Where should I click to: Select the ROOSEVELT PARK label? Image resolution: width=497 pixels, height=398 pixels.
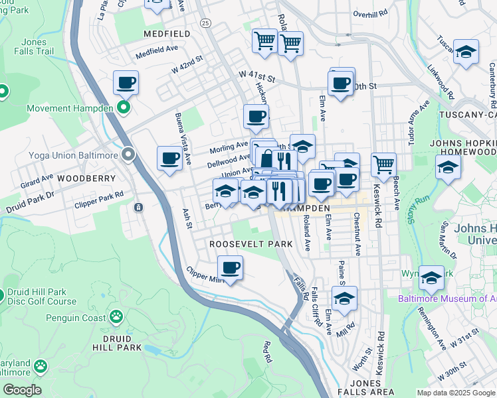[251, 244]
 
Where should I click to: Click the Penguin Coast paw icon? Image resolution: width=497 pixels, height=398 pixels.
[117, 317]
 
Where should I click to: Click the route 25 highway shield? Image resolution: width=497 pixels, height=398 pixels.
[206, 23]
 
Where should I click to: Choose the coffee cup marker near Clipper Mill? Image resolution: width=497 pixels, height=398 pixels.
[230, 268]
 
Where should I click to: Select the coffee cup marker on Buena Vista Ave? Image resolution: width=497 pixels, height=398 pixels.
[169, 159]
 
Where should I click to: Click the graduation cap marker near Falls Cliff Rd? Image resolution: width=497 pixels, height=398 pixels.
[344, 298]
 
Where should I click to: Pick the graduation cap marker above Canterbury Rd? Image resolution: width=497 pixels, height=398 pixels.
[466, 52]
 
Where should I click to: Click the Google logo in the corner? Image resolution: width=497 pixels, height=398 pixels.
[21, 390]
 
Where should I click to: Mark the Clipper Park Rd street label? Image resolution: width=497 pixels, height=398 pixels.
[100, 195]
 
